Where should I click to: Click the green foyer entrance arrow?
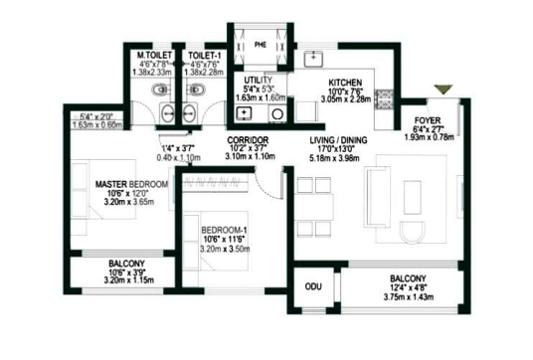443,91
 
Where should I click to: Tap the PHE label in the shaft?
261,45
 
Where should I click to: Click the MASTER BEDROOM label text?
131,185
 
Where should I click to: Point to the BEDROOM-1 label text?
223,223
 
